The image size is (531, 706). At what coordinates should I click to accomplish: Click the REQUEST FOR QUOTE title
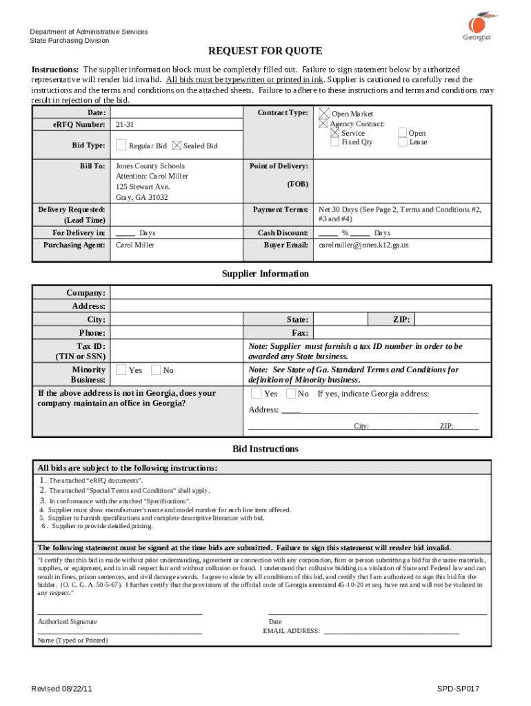click(265, 52)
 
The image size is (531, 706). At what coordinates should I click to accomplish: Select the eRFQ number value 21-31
click(125, 125)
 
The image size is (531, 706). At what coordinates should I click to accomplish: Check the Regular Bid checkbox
click(121, 145)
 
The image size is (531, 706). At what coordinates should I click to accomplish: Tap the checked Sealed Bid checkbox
click(177, 145)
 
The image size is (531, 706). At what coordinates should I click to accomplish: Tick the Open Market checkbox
click(323, 113)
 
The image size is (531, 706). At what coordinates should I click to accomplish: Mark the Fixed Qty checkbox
click(334, 143)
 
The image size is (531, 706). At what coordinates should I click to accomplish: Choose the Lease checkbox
click(403, 143)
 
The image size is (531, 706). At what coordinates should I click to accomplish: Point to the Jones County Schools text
click(150, 166)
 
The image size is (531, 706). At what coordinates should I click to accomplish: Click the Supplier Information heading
click(265, 274)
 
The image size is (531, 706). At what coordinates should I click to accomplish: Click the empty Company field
click(300, 294)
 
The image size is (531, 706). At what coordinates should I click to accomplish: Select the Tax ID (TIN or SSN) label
click(82, 351)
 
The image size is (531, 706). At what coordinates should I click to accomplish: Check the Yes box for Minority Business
click(121, 370)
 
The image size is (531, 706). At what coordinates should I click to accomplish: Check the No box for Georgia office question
click(290, 394)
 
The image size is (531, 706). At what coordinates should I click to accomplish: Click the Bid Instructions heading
click(265, 449)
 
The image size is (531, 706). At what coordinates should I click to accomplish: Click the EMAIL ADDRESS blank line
click(391, 631)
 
